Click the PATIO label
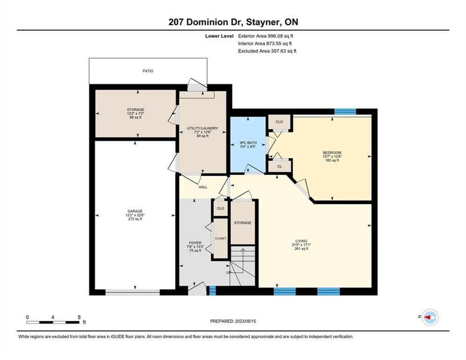click(x=148, y=71)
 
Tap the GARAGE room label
click(x=135, y=211)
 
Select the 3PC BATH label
click(x=248, y=143)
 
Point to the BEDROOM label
click(x=332, y=153)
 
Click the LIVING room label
click(x=301, y=241)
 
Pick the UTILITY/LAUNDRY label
click(x=202, y=128)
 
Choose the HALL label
click(x=203, y=187)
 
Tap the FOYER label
click(x=195, y=243)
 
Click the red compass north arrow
click(x=428, y=317)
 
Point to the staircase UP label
click(x=229, y=272)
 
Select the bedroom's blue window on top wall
click(x=345, y=112)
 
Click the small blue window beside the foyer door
click(x=213, y=291)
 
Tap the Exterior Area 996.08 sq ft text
click(x=266, y=36)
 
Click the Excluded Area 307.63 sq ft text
click(x=267, y=51)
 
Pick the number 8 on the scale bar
click(x=79, y=317)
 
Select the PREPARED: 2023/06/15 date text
click(x=233, y=321)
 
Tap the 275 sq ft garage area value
click(x=135, y=219)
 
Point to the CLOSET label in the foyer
click(x=221, y=238)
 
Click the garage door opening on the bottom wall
click(x=133, y=292)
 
